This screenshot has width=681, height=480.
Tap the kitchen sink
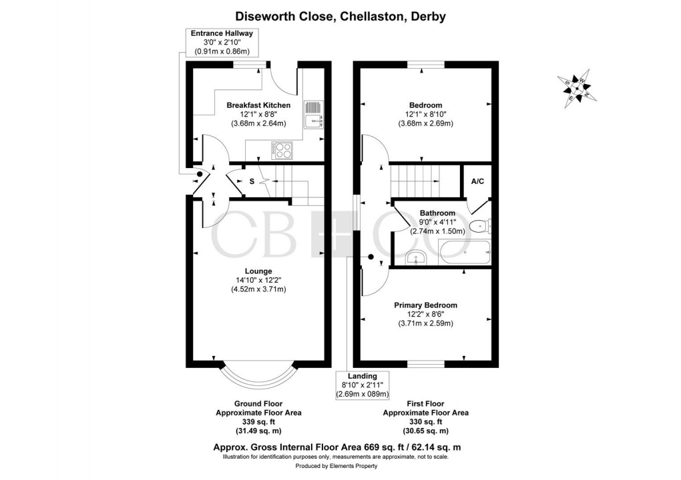click(x=313, y=114)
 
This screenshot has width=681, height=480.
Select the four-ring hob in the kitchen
click(x=281, y=149)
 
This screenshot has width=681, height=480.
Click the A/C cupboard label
click(x=477, y=181)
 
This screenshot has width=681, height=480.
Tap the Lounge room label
click(x=258, y=271)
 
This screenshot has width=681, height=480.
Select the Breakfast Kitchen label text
click(x=258, y=105)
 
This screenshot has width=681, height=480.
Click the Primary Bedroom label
click(x=425, y=305)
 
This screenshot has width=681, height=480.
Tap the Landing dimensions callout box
click(x=363, y=385)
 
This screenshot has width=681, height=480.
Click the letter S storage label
click(x=252, y=181)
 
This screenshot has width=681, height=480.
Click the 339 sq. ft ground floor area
click(x=258, y=421)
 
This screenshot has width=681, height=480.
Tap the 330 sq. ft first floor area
click(x=425, y=421)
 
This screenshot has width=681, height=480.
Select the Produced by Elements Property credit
click(x=340, y=467)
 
